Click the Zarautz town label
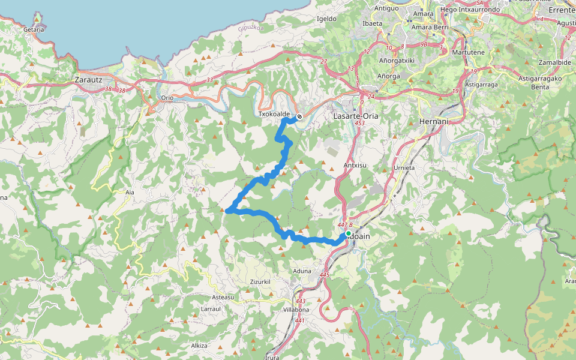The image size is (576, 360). point(89,79)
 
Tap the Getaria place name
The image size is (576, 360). point(34,29)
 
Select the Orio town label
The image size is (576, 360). point(167,98)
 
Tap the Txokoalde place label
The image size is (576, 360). point(274,114)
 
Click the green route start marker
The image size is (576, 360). point(348,233)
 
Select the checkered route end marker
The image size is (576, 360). point(299,117)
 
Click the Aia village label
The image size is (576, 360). point(130,193)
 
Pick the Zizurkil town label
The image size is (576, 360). point(261,281)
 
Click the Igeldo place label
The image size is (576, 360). point(326,19)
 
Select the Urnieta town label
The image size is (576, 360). point(404,167)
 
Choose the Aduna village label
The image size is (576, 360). point(301,271)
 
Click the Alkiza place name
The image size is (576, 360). point(199,346)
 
